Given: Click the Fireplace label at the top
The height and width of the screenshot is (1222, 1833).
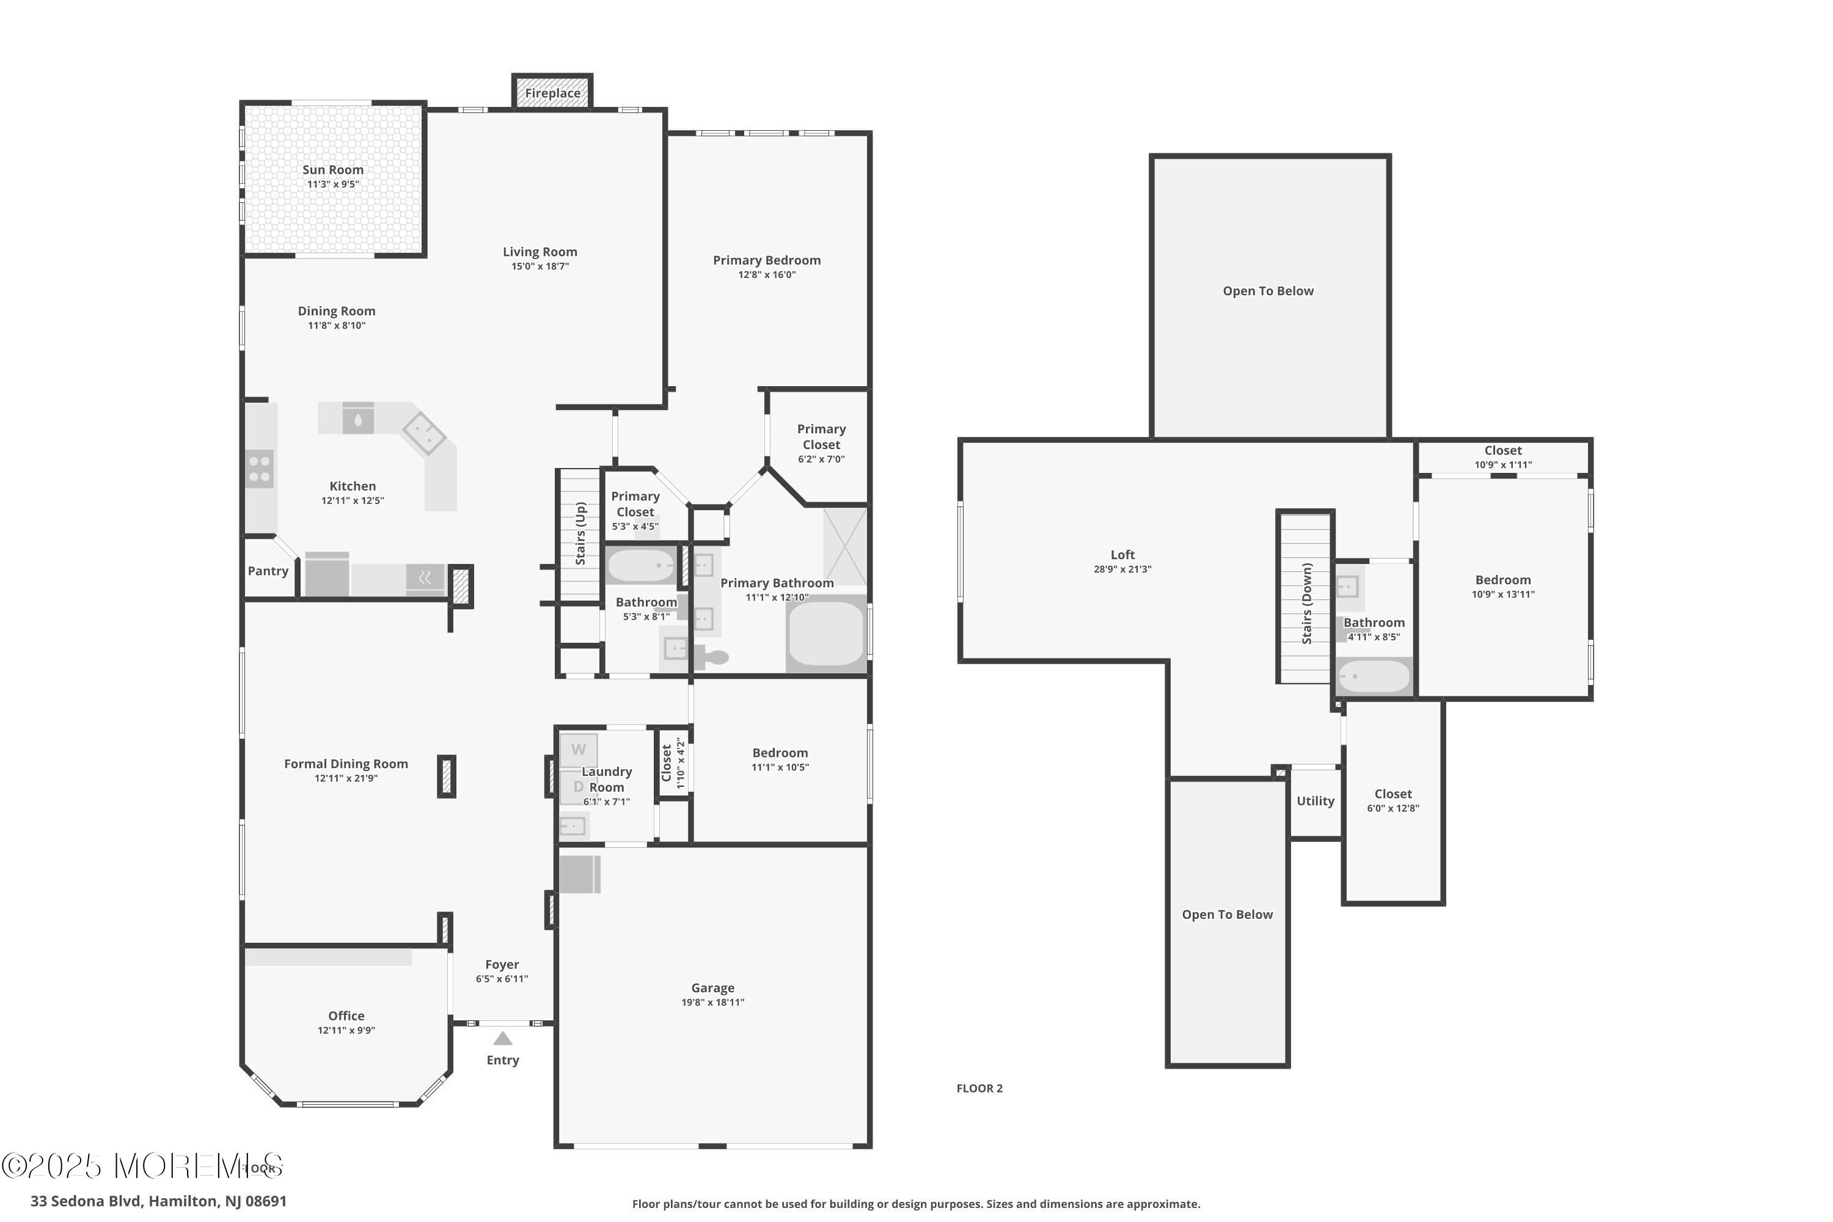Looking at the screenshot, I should (552, 93).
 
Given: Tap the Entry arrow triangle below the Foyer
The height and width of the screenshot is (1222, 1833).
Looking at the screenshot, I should (503, 1038).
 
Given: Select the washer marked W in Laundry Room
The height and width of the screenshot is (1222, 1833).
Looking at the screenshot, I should (578, 750).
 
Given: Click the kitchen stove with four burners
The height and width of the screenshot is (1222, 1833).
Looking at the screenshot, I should (260, 469).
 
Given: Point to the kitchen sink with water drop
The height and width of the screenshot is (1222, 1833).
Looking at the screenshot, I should (357, 419).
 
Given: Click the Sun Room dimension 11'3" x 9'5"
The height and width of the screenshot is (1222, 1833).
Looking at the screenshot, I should (333, 185).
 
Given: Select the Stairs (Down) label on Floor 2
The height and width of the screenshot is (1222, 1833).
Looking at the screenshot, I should (1307, 603).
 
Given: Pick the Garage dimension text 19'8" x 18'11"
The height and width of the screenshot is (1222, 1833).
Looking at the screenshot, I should (712, 1002).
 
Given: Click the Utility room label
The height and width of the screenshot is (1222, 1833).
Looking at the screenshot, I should (1315, 801).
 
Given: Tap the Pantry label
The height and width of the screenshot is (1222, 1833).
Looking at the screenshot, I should (268, 571).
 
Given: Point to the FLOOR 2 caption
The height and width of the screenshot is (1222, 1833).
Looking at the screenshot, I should (979, 1089).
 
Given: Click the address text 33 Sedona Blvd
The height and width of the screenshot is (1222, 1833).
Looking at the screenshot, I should (158, 1201).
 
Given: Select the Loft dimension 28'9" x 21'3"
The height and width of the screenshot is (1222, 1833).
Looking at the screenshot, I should (1122, 569).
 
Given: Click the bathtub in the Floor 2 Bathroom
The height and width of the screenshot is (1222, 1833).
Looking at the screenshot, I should (1373, 676).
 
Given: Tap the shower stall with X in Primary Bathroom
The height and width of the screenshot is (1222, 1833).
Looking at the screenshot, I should (845, 546).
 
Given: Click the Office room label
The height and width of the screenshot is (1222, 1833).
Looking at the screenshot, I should (346, 1016).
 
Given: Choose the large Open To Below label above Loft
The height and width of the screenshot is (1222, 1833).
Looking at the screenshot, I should (1268, 291).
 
